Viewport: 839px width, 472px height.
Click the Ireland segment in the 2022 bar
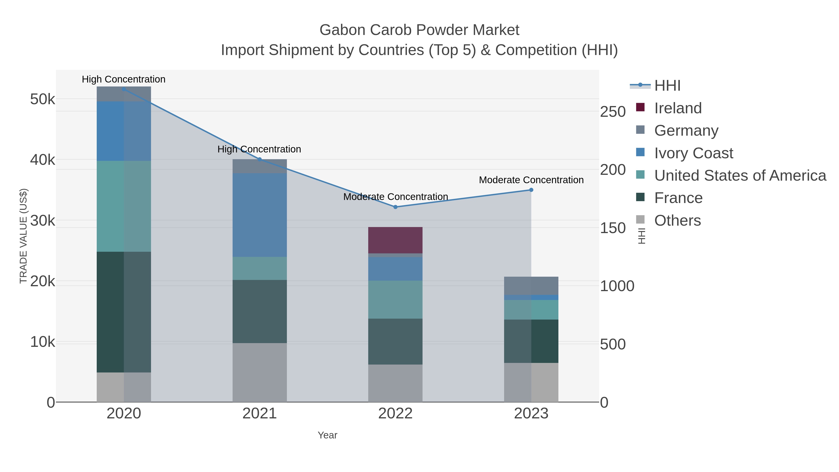395,240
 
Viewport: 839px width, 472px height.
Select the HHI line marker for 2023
531,190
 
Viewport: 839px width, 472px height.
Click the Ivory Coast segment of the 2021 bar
260,215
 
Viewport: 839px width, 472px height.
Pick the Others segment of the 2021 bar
260,372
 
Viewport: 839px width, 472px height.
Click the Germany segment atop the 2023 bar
531,286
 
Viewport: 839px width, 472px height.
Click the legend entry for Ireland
677,108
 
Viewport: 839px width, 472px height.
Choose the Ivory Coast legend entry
693,153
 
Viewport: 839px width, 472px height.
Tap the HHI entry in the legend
667,86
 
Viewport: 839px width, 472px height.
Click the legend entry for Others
677,220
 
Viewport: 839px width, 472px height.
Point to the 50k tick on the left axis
42,99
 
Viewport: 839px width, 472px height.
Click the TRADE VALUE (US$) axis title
24,236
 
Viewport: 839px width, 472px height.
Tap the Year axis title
327,435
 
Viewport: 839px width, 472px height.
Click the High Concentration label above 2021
259,149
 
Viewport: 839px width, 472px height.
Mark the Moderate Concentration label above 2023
531,180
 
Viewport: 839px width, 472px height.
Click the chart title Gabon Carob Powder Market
419,30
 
